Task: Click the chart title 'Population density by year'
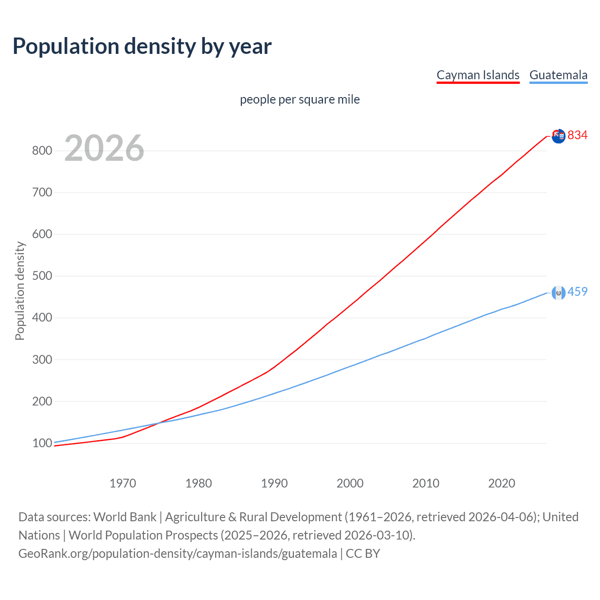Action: pos(142,46)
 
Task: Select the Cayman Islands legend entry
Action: pos(478,75)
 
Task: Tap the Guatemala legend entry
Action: pos(558,75)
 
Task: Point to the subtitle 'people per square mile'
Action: pos(300,99)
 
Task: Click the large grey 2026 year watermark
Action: pos(104,148)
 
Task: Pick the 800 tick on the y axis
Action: pos(42,150)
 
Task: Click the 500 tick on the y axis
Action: pos(42,276)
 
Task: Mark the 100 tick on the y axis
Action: pos(42,443)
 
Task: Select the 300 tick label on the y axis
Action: pos(42,360)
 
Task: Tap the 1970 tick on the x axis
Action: pos(123,483)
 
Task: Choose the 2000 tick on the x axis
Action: pos(350,483)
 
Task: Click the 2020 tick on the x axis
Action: pos(502,483)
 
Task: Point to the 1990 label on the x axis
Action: pos(274,483)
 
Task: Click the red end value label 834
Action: pos(577,135)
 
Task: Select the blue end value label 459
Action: pos(577,292)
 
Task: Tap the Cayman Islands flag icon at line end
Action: pos(558,136)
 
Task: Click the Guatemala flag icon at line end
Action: pos(558,293)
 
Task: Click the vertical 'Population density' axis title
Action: pos(20,291)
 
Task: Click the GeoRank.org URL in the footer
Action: pos(178,554)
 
